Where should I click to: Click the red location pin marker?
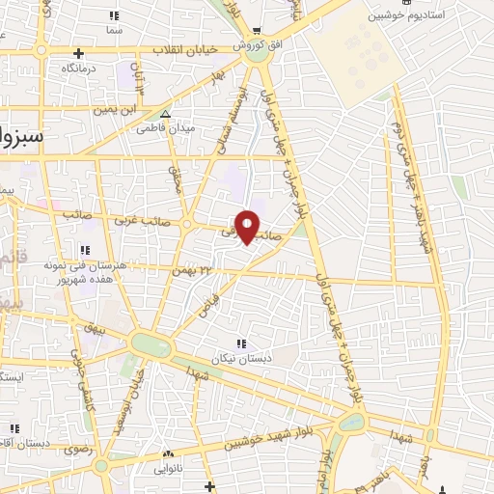248,226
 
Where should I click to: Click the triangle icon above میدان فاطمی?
166,114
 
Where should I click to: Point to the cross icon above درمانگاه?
78,53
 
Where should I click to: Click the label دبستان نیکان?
241,355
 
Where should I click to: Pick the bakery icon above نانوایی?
168,453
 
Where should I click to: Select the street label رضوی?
76,450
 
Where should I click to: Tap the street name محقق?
175,175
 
